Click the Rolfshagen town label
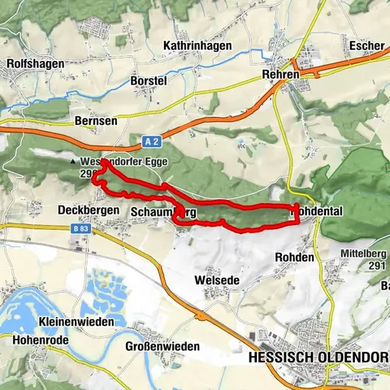coord(32,63)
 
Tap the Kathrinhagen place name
coord(196,45)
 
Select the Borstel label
coord(149,82)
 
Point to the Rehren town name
coord(281,74)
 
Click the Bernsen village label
coord(96,120)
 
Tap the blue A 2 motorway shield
coord(149,141)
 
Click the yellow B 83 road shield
coord(80,229)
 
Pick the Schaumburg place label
coord(162,211)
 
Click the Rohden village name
coord(294,257)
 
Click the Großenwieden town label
coord(162,346)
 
